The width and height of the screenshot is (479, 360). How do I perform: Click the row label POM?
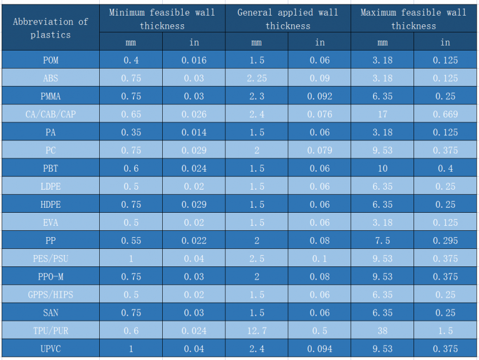click(x=51, y=60)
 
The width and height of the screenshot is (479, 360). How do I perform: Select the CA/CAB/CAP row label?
click(x=51, y=114)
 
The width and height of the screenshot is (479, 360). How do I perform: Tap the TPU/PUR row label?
click(x=51, y=331)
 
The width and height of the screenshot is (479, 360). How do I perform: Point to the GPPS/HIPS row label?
click(x=51, y=294)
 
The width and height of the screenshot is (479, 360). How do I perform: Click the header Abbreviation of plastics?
click(x=51, y=28)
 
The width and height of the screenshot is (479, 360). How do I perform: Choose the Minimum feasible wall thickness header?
click(x=162, y=19)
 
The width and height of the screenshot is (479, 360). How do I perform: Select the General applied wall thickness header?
click(x=288, y=19)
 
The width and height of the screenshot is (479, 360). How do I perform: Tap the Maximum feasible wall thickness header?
click(x=414, y=19)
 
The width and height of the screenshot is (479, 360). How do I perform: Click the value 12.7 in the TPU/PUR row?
click(x=256, y=331)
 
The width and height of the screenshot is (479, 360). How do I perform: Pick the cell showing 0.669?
click(x=445, y=114)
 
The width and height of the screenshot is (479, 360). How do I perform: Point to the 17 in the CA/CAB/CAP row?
click(x=382, y=114)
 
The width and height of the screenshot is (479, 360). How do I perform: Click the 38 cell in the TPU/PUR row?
click(x=382, y=331)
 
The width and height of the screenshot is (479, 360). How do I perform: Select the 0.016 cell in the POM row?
click(x=194, y=60)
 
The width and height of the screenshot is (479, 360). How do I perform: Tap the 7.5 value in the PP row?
click(x=382, y=240)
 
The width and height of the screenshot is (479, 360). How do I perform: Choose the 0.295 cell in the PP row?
click(x=445, y=240)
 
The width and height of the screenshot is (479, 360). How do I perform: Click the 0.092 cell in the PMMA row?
click(x=319, y=96)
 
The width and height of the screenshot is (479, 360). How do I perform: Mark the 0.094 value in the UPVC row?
click(x=319, y=349)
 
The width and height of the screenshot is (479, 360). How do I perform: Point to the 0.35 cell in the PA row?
click(x=131, y=132)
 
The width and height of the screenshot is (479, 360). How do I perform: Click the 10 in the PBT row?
click(x=382, y=168)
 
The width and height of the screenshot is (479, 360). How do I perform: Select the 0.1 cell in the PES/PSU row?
click(x=319, y=258)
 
